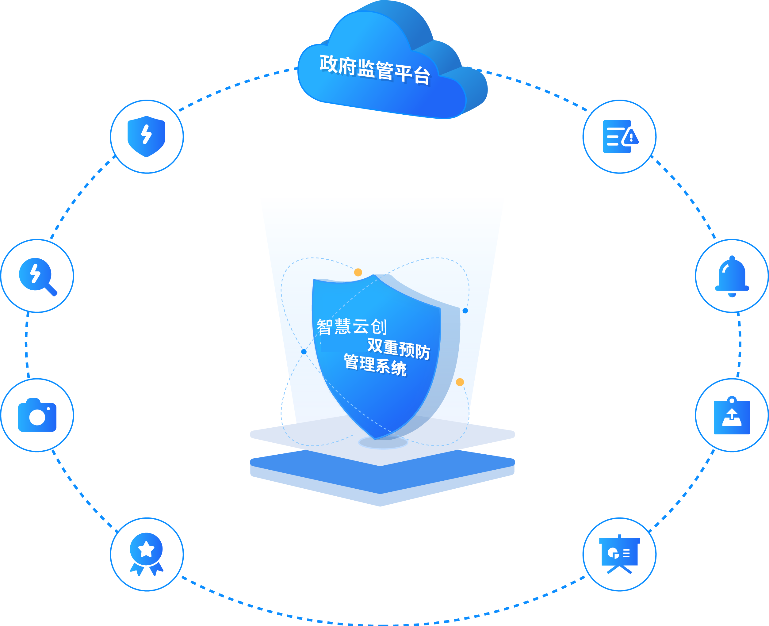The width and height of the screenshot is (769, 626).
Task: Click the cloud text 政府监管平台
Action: tap(375, 70)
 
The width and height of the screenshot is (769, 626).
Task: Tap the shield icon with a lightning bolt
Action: tap(147, 136)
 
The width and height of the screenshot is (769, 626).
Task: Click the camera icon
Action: tap(37, 415)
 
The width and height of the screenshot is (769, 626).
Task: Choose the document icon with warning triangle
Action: tap(620, 137)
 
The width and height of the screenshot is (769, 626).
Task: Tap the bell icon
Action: tap(732, 276)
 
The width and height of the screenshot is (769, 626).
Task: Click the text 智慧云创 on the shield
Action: tap(352, 327)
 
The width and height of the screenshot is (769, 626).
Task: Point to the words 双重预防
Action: tap(399, 348)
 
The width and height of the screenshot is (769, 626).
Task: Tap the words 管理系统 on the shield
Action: tap(375, 365)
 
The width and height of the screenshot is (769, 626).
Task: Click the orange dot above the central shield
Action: tap(358, 272)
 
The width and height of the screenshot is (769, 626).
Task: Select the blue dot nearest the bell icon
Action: tap(465, 311)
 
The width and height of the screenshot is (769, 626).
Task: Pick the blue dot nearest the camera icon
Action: tap(304, 352)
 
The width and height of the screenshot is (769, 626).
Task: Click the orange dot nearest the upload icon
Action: tap(460, 382)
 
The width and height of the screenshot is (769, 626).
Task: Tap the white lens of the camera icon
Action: tap(37, 417)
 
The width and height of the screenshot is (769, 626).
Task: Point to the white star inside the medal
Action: tap(147, 549)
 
